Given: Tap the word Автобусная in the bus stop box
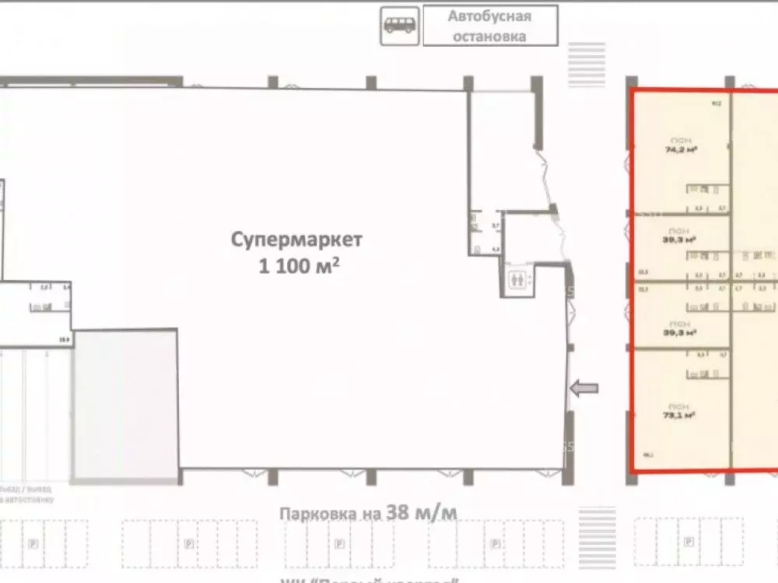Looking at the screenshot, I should point(489,17).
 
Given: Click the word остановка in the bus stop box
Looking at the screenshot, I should point(489,36).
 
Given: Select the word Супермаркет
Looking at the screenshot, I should point(296,239).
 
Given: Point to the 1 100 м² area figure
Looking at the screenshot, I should point(299,266).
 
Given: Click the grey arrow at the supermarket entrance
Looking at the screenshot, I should point(584,388).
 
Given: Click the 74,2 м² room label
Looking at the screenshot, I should point(681,148).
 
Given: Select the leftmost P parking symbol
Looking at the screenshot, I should point(33,543).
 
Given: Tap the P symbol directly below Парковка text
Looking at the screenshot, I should point(341,543).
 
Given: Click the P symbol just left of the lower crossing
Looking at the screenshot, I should point(493,543).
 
